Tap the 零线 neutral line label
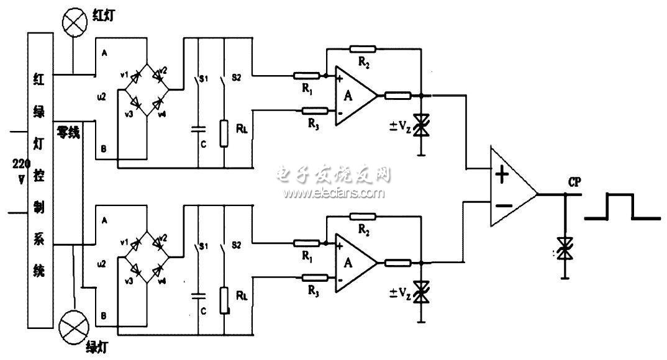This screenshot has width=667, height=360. click(68, 132)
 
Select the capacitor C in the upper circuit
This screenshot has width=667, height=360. click(197, 130)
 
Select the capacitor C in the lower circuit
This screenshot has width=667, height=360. click(197, 296)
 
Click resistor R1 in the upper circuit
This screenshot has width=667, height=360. click(307, 76)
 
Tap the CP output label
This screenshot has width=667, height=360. click(574, 182)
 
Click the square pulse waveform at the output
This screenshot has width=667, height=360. click(621, 207)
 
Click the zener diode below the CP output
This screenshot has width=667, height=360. click(565, 248)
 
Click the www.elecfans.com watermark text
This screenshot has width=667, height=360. click(334, 193)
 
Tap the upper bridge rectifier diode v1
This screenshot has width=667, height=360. click(133, 79)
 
